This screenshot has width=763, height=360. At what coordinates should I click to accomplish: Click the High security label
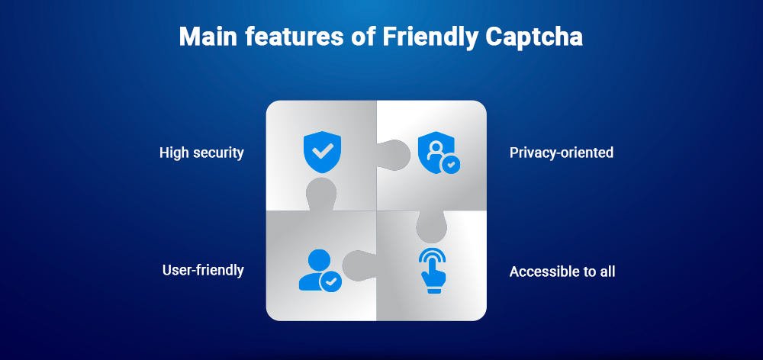(201, 153)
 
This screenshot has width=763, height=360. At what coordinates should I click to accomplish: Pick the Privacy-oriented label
(561, 153)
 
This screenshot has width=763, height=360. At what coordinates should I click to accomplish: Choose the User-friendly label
(203, 270)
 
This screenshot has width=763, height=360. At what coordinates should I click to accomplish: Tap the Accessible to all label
(562, 271)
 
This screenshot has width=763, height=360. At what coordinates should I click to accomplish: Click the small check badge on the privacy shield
(452, 163)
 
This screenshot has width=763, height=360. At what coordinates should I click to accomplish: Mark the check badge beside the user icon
(331, 282)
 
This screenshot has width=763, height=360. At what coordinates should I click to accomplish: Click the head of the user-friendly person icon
(312, 258)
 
